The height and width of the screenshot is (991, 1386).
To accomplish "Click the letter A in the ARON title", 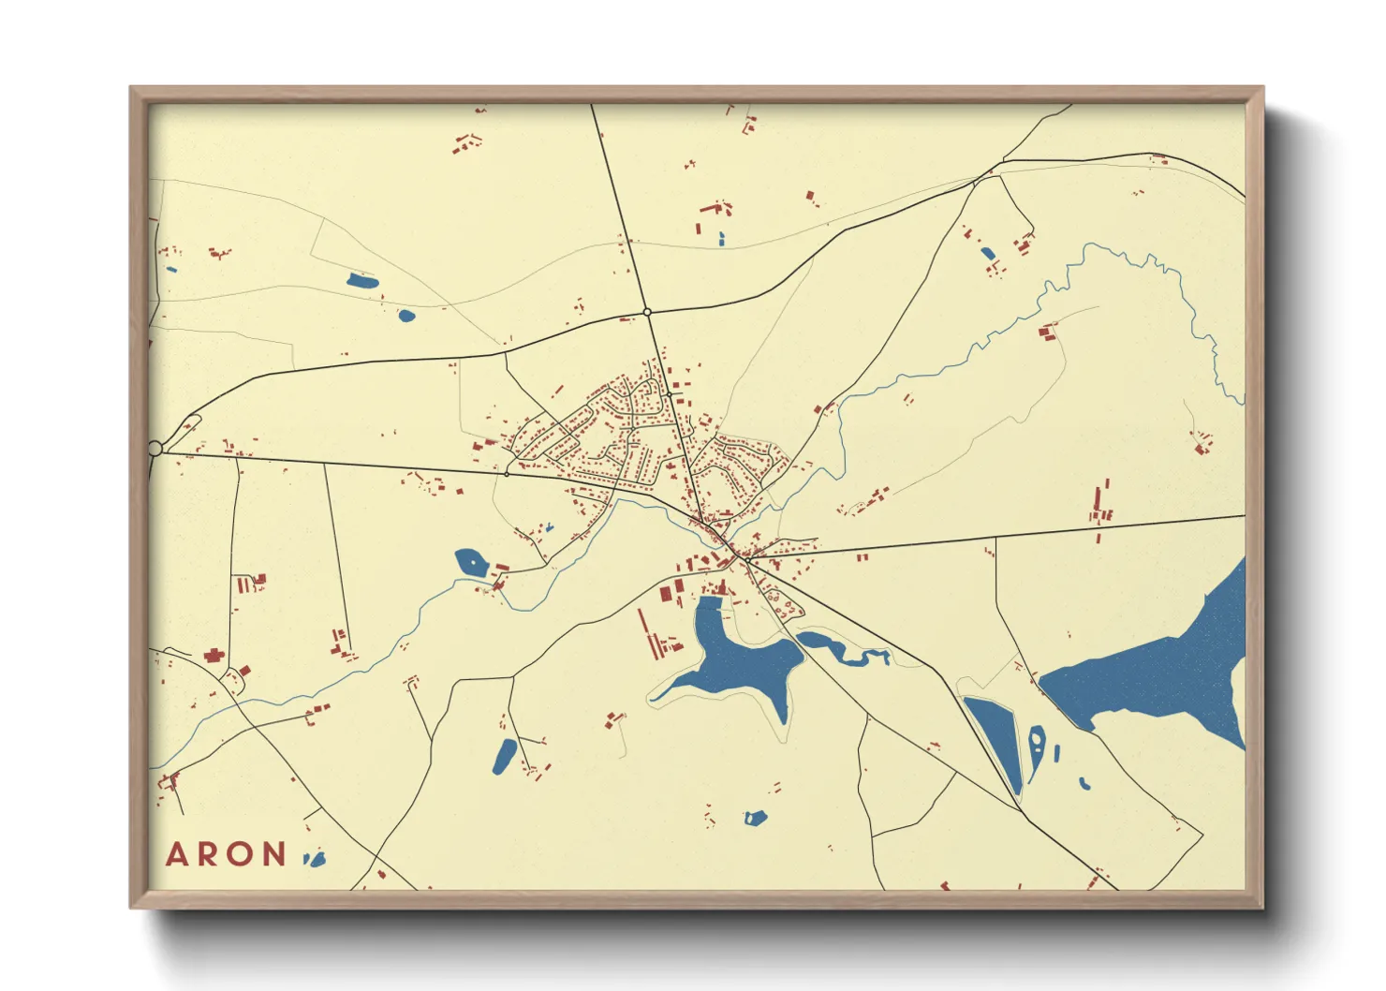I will tap(177, 854).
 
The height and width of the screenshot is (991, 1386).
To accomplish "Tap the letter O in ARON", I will tap(242, 854).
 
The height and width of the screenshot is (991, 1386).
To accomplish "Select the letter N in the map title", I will tap(274, 854).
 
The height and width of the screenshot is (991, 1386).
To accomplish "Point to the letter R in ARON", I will tap(209, 854).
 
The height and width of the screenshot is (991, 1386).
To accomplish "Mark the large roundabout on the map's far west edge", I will tap(155, 449).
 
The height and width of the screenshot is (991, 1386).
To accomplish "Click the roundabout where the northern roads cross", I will tap(647, 312).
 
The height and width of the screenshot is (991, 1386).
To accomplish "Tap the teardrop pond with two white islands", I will tap(1037, 747).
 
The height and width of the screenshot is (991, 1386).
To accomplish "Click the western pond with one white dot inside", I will tap(471, 563).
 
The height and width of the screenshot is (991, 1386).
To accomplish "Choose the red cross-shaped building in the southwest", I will tap(214, 656).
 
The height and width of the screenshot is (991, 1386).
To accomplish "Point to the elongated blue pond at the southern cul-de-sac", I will tap(505, 756).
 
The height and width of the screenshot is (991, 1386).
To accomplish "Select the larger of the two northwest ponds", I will tap(361, 281).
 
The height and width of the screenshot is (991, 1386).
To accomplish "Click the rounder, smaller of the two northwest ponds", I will tap(406, 316).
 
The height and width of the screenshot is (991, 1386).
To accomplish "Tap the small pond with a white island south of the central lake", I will tap(756, 818).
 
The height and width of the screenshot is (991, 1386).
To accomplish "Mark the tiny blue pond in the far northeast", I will tap(987, 253).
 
